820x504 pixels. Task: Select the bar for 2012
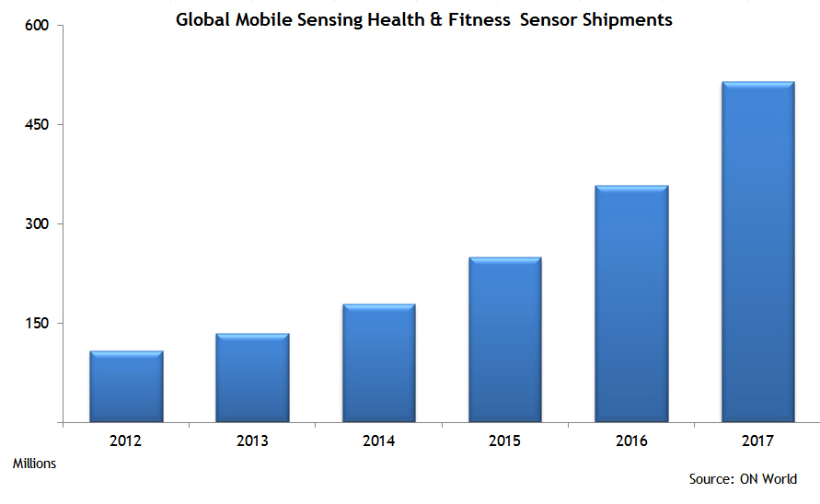pos(126,386)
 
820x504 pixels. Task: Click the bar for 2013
pos(252,378)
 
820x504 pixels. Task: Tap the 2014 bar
pos(379,363)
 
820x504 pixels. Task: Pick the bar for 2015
pos(505,339)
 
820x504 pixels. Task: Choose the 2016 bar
pos(631,304)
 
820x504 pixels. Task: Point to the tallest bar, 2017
pos(757,252)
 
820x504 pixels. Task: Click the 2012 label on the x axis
pos(126,441)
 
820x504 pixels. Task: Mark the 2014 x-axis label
pos(379,441)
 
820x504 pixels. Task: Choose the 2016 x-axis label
pos(631,441)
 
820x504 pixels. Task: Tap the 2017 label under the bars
pos(757,441)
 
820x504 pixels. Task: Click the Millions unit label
pos(34,464)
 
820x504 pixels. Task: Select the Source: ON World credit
pos(743,479)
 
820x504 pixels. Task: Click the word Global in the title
pos(203,19)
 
